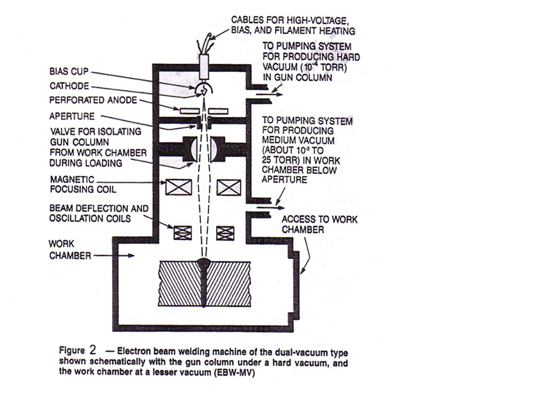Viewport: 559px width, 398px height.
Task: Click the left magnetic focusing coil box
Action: tap(178, 188)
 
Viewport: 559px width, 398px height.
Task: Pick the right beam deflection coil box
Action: tap(228, 233)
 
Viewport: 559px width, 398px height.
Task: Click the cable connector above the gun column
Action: tap(203, 55)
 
